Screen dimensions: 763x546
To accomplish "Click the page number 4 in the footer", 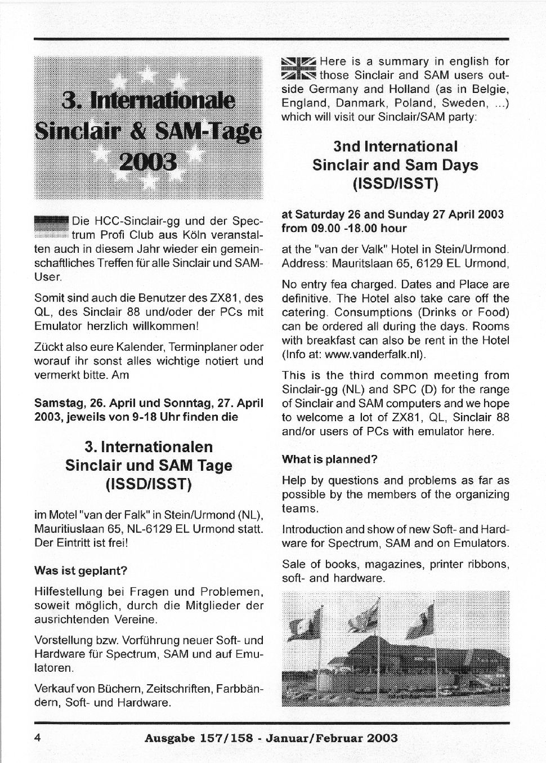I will click(38, 738).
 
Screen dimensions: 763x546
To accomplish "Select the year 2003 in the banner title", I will click(149, 162).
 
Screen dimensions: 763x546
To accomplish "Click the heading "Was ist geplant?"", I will click(81, 570).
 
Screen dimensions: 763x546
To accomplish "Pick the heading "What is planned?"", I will click(329, 459).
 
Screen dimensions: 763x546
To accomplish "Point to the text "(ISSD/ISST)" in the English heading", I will click(395, 184).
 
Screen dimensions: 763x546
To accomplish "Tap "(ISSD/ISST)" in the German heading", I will click(149, 484).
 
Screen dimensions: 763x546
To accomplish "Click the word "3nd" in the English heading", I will click(347, 146).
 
